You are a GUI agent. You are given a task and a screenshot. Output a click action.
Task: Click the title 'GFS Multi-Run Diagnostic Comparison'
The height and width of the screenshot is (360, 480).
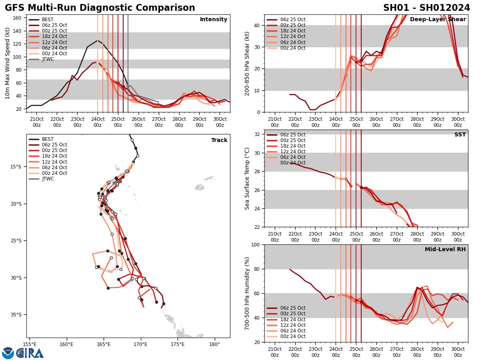click(x=100, y=8)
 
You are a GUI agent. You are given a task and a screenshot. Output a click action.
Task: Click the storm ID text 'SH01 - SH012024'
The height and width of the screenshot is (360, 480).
click(x=426, y=8)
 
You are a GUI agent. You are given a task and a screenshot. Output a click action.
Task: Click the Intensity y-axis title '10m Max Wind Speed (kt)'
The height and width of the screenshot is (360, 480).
click(x=7, y=63)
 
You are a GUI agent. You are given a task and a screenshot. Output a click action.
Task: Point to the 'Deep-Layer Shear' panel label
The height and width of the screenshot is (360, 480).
click(x=438, y=20)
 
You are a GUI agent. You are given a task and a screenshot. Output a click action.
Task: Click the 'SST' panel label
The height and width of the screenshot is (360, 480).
click(x=460, y=135)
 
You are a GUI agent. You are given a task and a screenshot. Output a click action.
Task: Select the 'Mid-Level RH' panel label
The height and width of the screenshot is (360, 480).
click(x=445, y=250)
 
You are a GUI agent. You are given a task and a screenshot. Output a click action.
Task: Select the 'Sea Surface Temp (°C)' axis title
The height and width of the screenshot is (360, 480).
click(x=247, y=178)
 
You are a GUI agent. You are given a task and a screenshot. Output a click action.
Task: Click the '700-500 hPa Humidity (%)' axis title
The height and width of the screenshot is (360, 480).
click(x=247, y=293)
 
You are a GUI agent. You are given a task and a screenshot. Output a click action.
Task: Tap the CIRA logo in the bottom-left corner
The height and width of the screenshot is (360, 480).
click(x=30, y=353)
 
